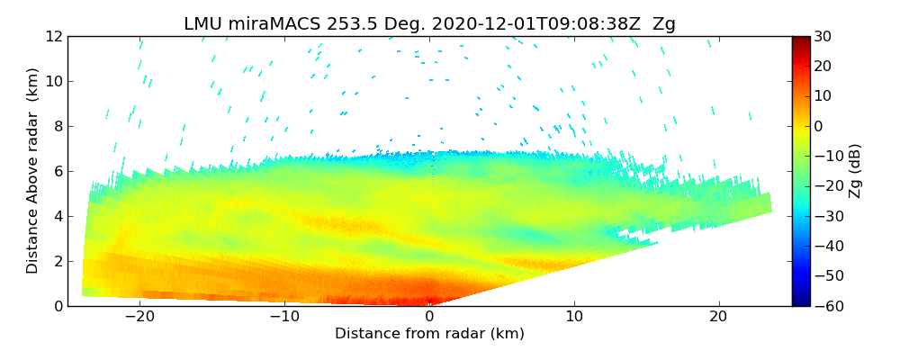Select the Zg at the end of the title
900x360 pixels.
coord(664,24)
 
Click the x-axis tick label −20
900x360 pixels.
coord(139,317)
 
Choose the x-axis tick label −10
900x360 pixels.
coord(284,317)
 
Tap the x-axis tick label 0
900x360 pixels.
coord(430,317)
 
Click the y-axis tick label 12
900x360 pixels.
coord(53,36)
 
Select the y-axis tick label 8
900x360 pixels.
coord(57,126)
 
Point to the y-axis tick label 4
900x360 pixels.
coord(57,216)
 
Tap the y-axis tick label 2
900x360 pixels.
coord(57,261)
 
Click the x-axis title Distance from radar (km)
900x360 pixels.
coord(429,334)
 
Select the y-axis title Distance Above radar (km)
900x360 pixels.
coord(32,170)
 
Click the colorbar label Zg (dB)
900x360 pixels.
coord(855,170)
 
